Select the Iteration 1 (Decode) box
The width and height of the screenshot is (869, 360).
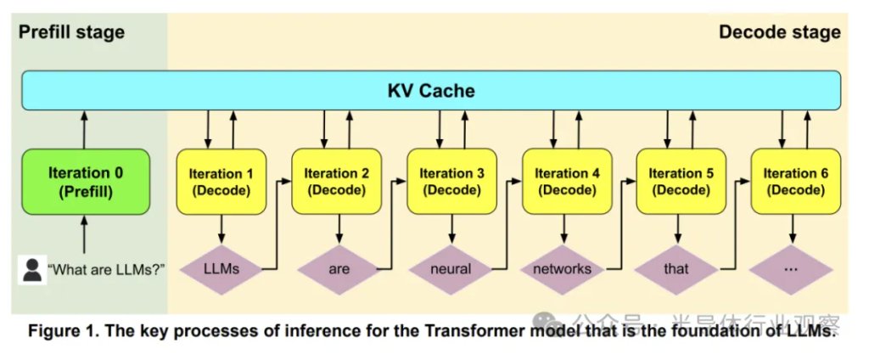(221, 181)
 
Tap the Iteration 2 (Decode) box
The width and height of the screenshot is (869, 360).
(335, 181)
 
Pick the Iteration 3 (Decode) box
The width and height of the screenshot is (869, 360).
(451, 181)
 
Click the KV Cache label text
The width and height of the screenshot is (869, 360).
(431, 91)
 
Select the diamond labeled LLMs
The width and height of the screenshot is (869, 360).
(221, 269)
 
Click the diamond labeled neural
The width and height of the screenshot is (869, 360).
(451, 269)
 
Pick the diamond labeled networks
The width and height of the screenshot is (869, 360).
(565, 269)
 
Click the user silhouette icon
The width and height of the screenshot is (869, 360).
(32, 270)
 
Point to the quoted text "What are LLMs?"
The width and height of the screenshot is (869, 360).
(106, 270)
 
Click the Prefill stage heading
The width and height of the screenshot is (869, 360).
(71, 32)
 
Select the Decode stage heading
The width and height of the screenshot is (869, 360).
(779, 32)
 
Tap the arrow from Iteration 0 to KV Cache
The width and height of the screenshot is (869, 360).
(85, 129)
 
